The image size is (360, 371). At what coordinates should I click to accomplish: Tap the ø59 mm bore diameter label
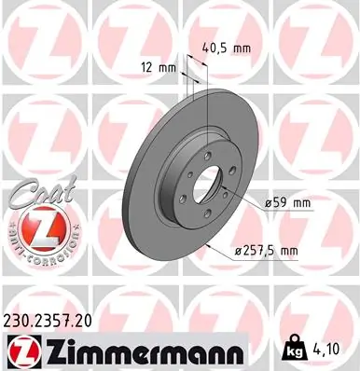pyautogui.click(x=289, y=201)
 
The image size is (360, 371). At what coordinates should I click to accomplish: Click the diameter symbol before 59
pyautogui.click(x=268, y=201)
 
